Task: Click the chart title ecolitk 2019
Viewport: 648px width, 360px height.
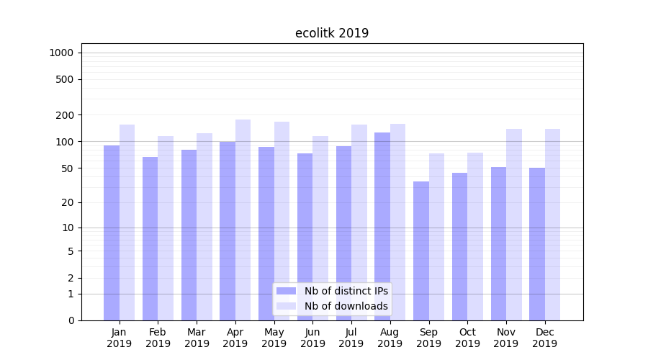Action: tap(332, 33)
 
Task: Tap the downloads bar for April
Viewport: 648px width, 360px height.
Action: tap(243, 220)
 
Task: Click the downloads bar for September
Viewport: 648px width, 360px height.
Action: tap(436, 237)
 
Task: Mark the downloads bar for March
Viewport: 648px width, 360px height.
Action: tap(204, 227)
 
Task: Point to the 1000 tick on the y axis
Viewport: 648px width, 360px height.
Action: tap(61, 53)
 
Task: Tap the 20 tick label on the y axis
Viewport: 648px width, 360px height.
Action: tap(68, 202)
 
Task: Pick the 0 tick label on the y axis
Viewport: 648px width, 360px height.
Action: tap(71, 320)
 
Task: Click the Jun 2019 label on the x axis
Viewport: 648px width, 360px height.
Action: tap(312, 338)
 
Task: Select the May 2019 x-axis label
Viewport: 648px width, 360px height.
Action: tap(274, 338)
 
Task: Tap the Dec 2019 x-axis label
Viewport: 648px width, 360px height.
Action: tap(544, 338)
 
